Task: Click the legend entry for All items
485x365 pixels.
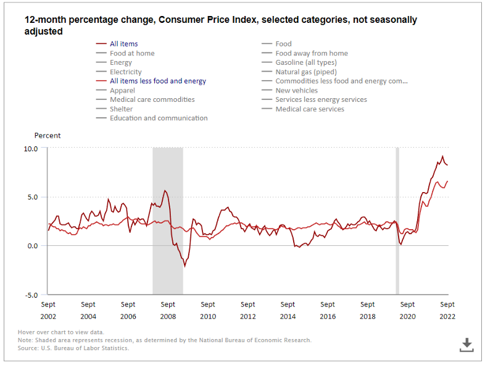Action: click(x=123, y=44)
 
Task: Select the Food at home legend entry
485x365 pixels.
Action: click(x=132, y=53)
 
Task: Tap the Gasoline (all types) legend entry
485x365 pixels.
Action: click(x=305, y=62)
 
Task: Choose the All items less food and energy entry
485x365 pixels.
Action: click(x=157, y=81)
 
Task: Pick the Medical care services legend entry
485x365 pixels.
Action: click(x=310, y=109)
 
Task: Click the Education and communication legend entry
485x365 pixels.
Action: click(x=159, y=118)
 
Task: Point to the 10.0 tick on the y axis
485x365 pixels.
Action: click(x=31, y=149)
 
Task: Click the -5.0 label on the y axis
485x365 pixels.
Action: click(x=31, y=295)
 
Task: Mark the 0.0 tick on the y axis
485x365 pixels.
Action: click(x=31, y=246)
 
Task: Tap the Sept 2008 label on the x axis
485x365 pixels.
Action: click(x=168, y=310)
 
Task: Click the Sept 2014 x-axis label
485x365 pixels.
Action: click(x=288, y=310)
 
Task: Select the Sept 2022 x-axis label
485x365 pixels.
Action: click(x=447, y=310)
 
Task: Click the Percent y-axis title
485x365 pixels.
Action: click(x=48, y=135)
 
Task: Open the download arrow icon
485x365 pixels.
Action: click(x=466, y=345)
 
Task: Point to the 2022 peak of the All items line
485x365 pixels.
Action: click(x=442, y=156)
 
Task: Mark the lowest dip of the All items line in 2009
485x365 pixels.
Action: click(x=184, y=266)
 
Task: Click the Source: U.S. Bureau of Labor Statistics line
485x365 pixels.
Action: click(x=73, y=348)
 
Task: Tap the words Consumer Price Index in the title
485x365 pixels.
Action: click(x=208, y=20)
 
